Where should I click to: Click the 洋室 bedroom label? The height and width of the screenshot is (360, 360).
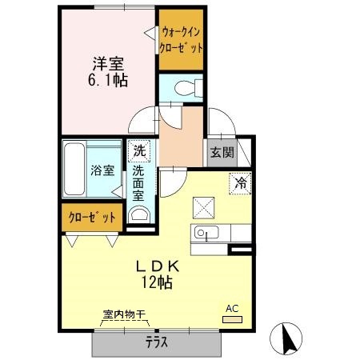pyautogui.click(x=108, y=63)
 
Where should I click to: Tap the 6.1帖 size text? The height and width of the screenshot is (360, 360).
pyautogui.click(x=108, y=80)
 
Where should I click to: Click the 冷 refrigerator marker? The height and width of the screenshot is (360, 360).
pyautogui.click(x=240, y=182)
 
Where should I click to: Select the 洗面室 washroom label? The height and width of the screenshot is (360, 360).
pyautogui.click(x=138, y=182)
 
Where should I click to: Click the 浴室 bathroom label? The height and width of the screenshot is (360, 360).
pyautogui.click(x=102, y=170)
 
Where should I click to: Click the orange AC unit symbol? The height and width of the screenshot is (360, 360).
pyautogui.click(x=231, y=319)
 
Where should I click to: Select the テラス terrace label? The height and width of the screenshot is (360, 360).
pyautogui.click(x=157, y=342)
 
